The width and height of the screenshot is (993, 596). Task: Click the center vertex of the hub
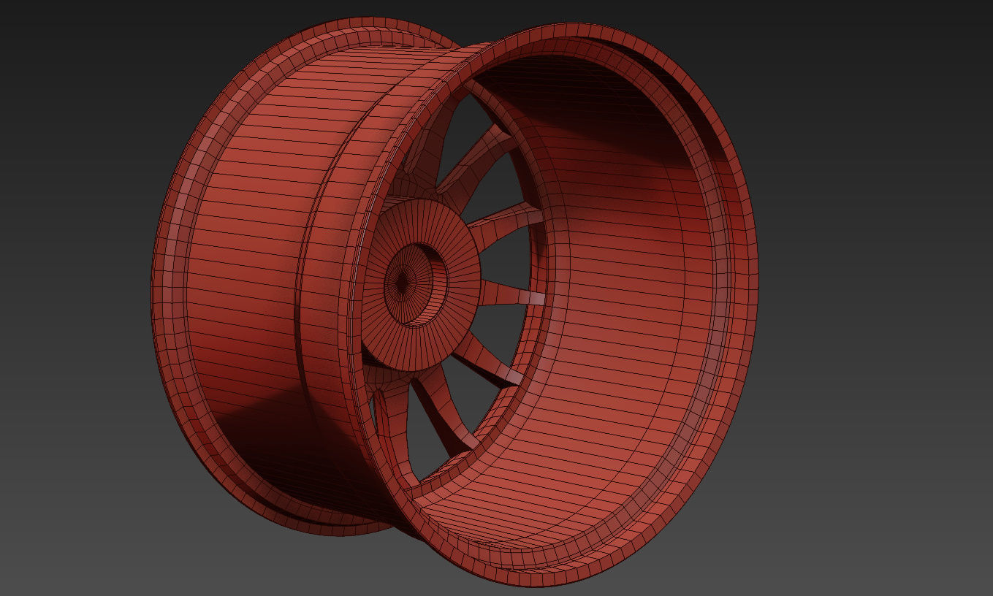click(x=401, y=280)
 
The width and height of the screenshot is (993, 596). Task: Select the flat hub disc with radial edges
click(x=453, y=241)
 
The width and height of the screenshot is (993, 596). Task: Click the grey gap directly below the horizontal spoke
click(x=504, y=329)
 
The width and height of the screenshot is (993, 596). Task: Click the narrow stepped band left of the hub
click(x=351, y=292)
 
